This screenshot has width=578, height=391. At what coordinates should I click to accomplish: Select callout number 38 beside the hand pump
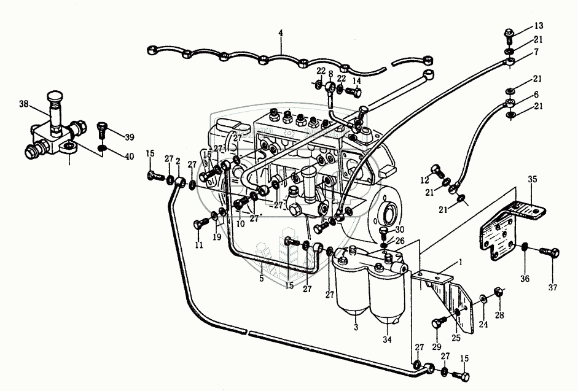(x=24, y=104)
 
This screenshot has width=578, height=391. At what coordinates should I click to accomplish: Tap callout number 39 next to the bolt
(x=129, y=136)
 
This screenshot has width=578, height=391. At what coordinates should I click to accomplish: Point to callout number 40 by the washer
(x=129, y=157)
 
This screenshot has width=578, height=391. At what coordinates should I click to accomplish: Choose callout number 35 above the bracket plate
(x=533, y=180)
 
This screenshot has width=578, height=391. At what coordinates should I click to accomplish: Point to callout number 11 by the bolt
(x=198, y=246)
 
